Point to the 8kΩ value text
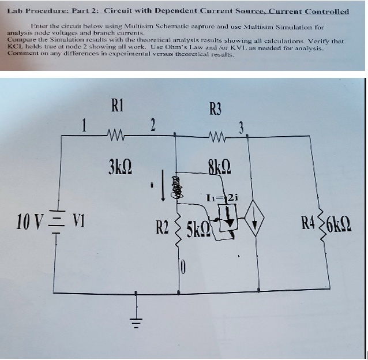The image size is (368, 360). click(217, 171)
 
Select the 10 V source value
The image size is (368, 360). click(28, 222)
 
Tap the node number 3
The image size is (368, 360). click(242, 127)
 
